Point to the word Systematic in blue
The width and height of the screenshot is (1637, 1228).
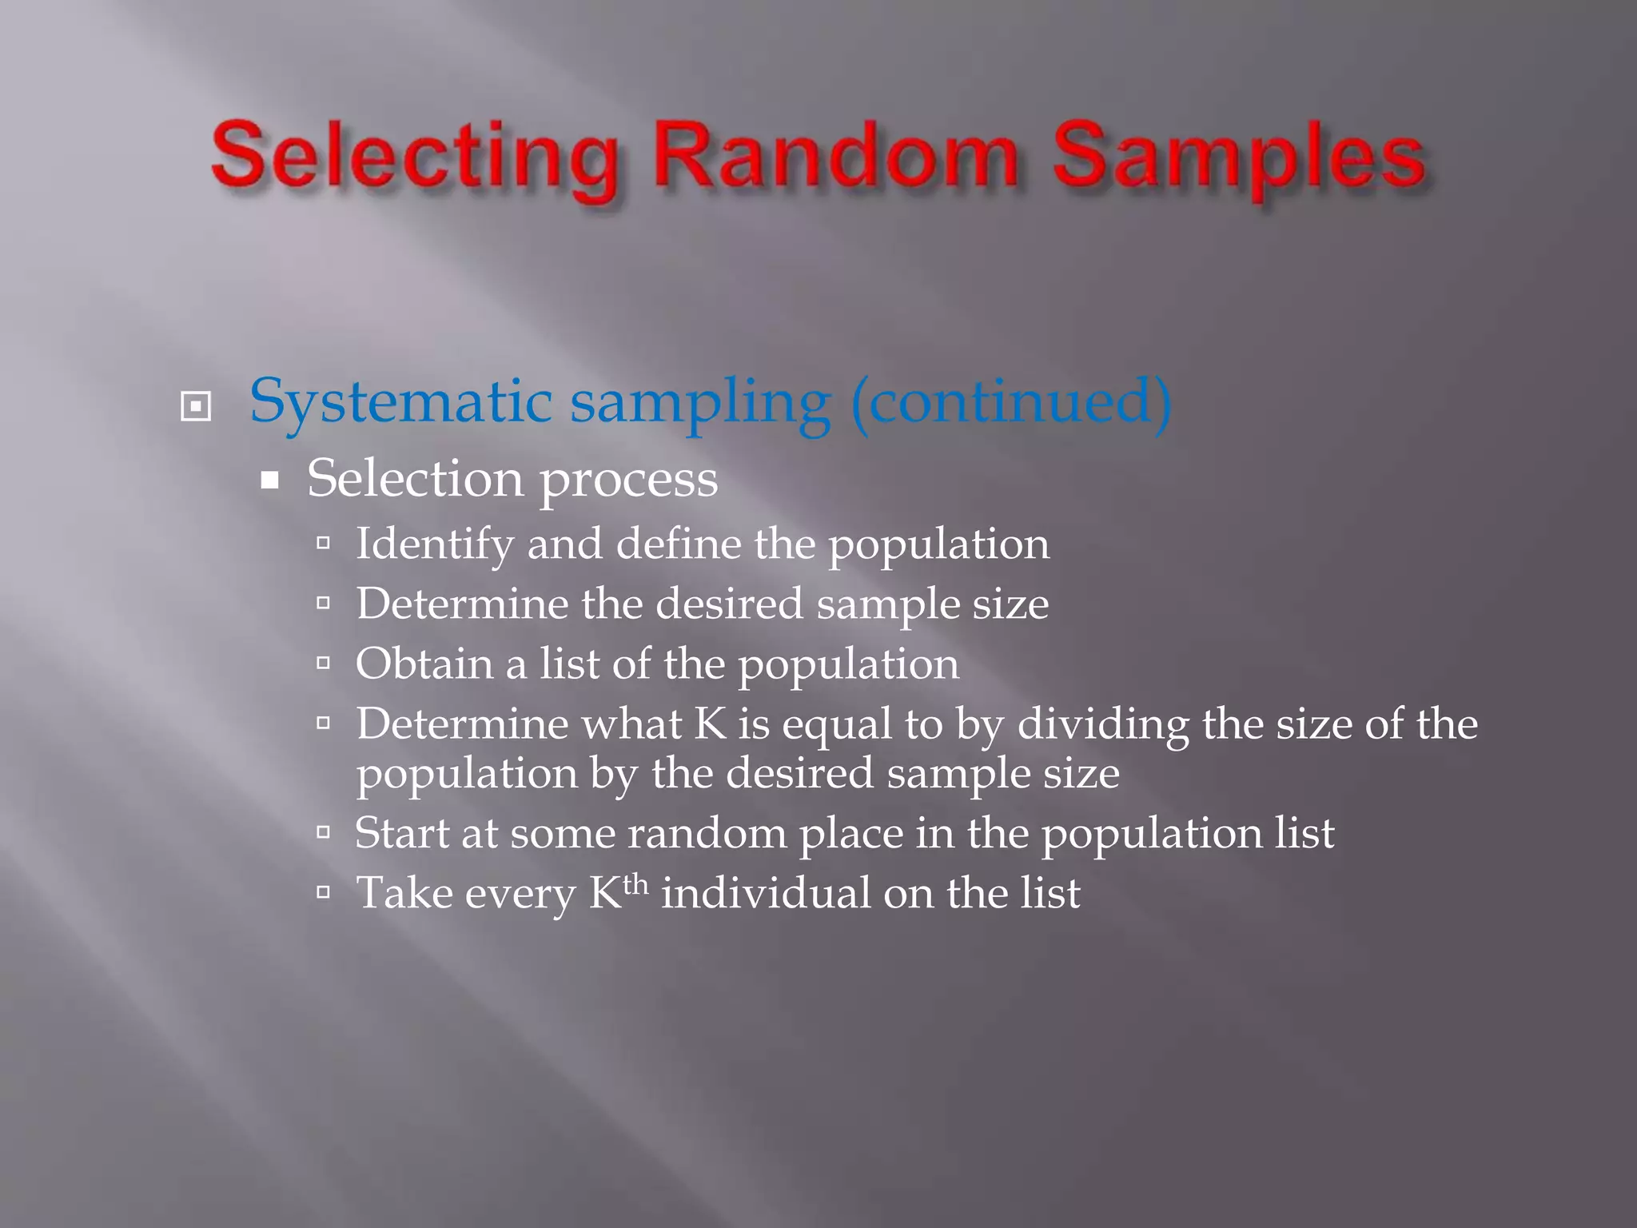click(x=400, y=401)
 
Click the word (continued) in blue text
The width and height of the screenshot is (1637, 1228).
click(x=1011, y=401)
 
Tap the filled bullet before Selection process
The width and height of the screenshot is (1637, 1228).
click(x=270, y=480)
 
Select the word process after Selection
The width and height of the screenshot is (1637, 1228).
click(x=628, y=480)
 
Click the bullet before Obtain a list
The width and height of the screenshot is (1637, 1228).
click(x=323, y=663)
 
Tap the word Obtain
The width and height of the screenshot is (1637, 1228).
click(x=424, y=664)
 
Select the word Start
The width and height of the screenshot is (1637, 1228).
click(x=401, y=833)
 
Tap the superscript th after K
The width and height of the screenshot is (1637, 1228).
click(x=635, y=884)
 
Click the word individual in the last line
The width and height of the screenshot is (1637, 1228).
click(x=765, y=892)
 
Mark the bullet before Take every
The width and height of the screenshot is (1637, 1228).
click(x=323, y=892)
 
